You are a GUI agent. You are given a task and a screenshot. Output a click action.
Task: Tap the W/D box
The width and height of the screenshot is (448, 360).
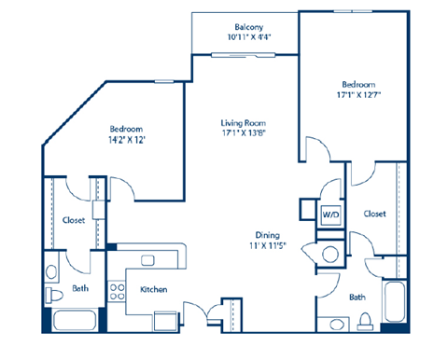click(330, 214)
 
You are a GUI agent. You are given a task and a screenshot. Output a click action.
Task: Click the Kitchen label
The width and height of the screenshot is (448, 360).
click(154, 290)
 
